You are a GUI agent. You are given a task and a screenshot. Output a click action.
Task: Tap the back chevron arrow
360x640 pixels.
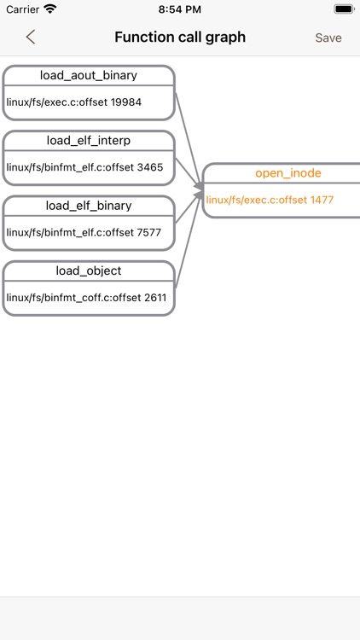(31, 37)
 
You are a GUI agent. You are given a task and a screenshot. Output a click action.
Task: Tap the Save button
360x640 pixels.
(328, 38)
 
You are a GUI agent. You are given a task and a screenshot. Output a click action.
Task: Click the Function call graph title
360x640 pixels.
(180, 38)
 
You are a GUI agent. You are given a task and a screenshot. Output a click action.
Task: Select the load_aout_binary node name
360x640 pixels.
(89, 76)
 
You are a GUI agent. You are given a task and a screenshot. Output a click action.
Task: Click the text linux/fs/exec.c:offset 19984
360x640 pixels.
(74, 102)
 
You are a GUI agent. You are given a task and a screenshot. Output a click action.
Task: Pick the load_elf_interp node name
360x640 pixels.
(89, 141)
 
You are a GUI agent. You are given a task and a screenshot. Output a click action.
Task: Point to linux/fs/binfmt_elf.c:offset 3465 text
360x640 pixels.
(84, 167)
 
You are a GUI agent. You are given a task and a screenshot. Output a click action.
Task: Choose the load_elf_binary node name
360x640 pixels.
(89, 206)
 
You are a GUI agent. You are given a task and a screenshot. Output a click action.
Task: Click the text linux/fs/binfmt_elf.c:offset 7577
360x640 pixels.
(84, 232)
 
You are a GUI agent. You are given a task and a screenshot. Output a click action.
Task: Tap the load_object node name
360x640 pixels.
(89, 271)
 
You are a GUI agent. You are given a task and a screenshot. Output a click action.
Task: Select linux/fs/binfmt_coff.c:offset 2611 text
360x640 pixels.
(86, 298)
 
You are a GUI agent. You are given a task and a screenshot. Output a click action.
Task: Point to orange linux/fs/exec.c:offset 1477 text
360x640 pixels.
(270, 200)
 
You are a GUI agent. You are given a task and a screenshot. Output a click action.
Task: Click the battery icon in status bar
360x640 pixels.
(343, 9)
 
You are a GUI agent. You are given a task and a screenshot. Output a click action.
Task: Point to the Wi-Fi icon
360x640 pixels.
(50, 9)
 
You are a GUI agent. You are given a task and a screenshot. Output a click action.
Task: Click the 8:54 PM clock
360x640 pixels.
(180, 9)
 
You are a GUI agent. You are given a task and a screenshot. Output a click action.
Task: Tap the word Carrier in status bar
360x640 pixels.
(22, 9)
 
